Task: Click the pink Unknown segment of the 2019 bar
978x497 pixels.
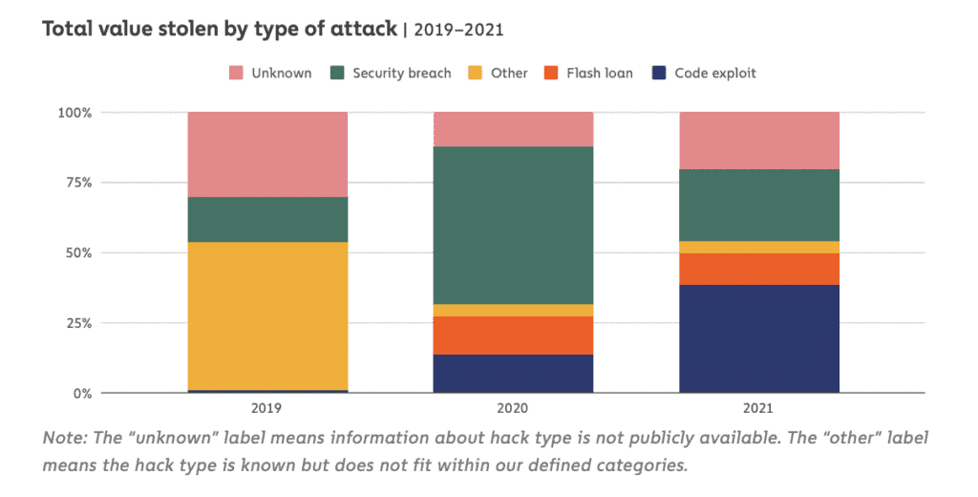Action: click(268, 154)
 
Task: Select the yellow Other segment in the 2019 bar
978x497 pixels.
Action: click(268, 315)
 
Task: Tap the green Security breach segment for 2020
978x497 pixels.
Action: click(514, 225)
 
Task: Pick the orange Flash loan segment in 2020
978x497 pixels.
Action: click(514, 335)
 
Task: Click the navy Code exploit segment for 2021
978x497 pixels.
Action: click(759, 338)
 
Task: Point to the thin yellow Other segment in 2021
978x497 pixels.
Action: click(759, 247)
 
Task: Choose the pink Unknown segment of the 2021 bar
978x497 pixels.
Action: click(759, 140)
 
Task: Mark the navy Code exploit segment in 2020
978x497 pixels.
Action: click(514, 373)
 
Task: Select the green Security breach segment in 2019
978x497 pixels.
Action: click(268, 219)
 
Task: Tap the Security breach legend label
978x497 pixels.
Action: click(401, 73)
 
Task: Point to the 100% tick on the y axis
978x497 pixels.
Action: click(73, 112)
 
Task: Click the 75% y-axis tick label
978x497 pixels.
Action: click(76, 183)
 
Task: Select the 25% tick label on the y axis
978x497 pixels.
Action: click(76, 323)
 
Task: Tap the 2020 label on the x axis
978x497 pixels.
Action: click(514, 407)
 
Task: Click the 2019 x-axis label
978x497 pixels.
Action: click(268, 407)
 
